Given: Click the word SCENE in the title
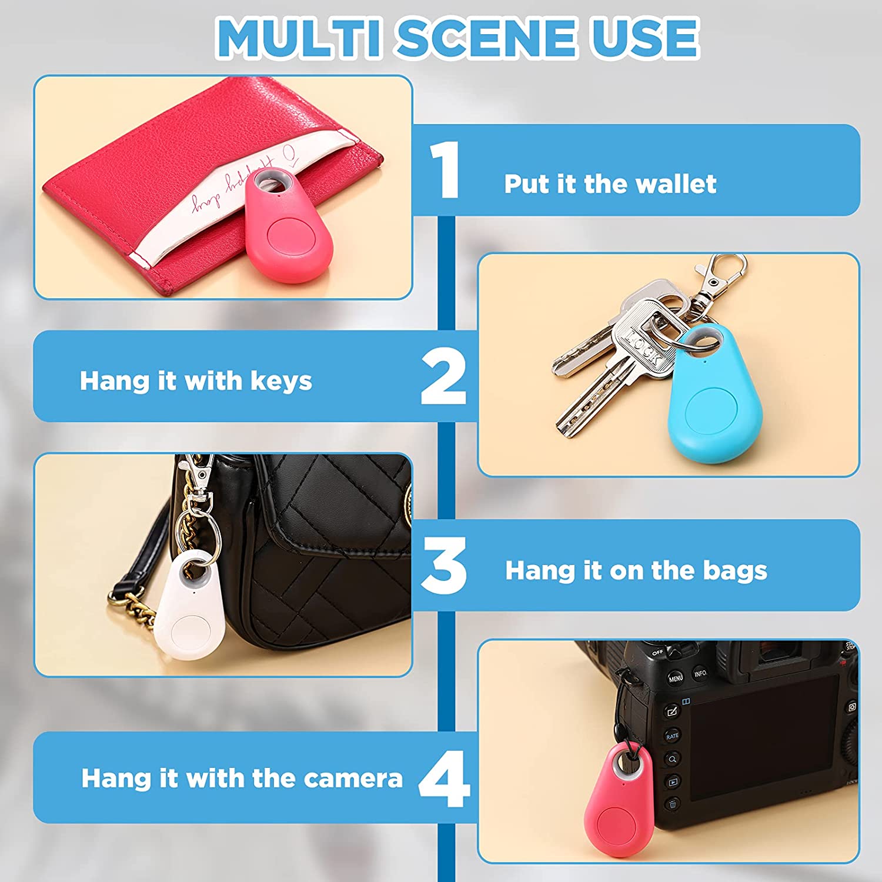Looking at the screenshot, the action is pos(486,38).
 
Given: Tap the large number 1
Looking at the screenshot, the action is pos(446,170).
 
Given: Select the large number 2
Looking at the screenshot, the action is pos(444,376).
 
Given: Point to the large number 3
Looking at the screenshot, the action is pos(444,565).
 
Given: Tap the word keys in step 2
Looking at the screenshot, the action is pos(281,381).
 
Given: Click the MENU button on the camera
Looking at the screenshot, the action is pos(676,678).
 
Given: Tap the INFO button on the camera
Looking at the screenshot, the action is pos(700,674).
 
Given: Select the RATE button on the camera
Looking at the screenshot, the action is pos(672,736).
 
